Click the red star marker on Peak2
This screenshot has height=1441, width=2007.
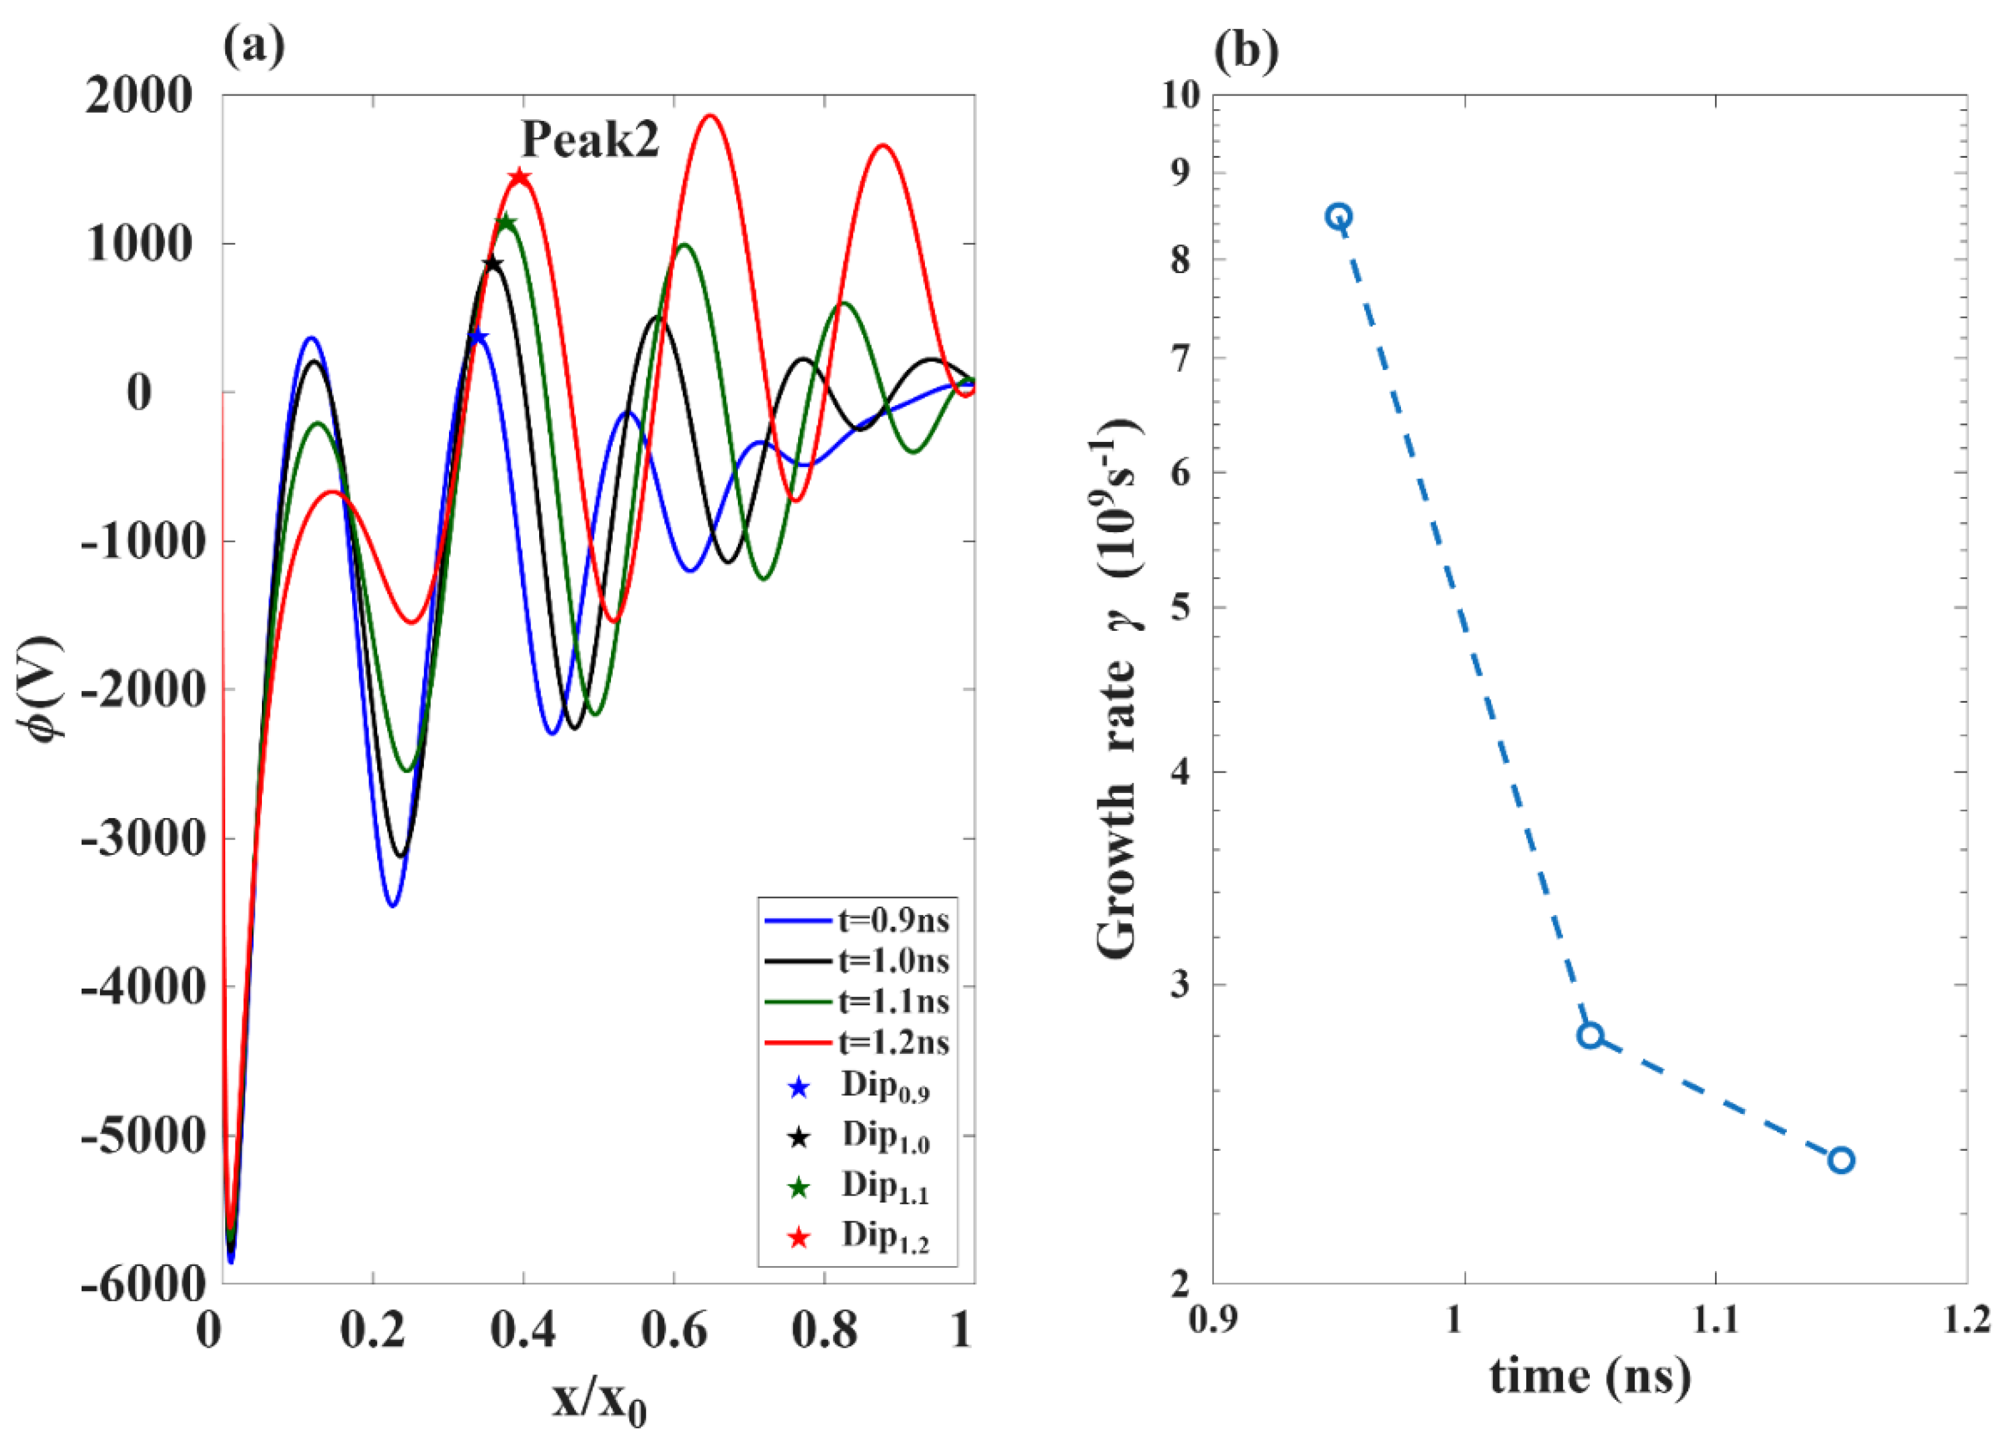coord(520,178)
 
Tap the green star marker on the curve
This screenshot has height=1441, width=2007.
coord(505,222)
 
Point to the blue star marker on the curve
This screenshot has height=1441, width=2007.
coord(478,336)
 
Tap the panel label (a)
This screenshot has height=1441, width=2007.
coord(254,46)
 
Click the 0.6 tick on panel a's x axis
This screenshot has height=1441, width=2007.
coord(674,1331)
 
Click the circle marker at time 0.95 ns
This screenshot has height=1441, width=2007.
coord(1339,216)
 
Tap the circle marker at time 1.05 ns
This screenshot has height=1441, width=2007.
coord(1590,1035)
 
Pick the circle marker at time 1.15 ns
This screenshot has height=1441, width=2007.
coord(1841,1159)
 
